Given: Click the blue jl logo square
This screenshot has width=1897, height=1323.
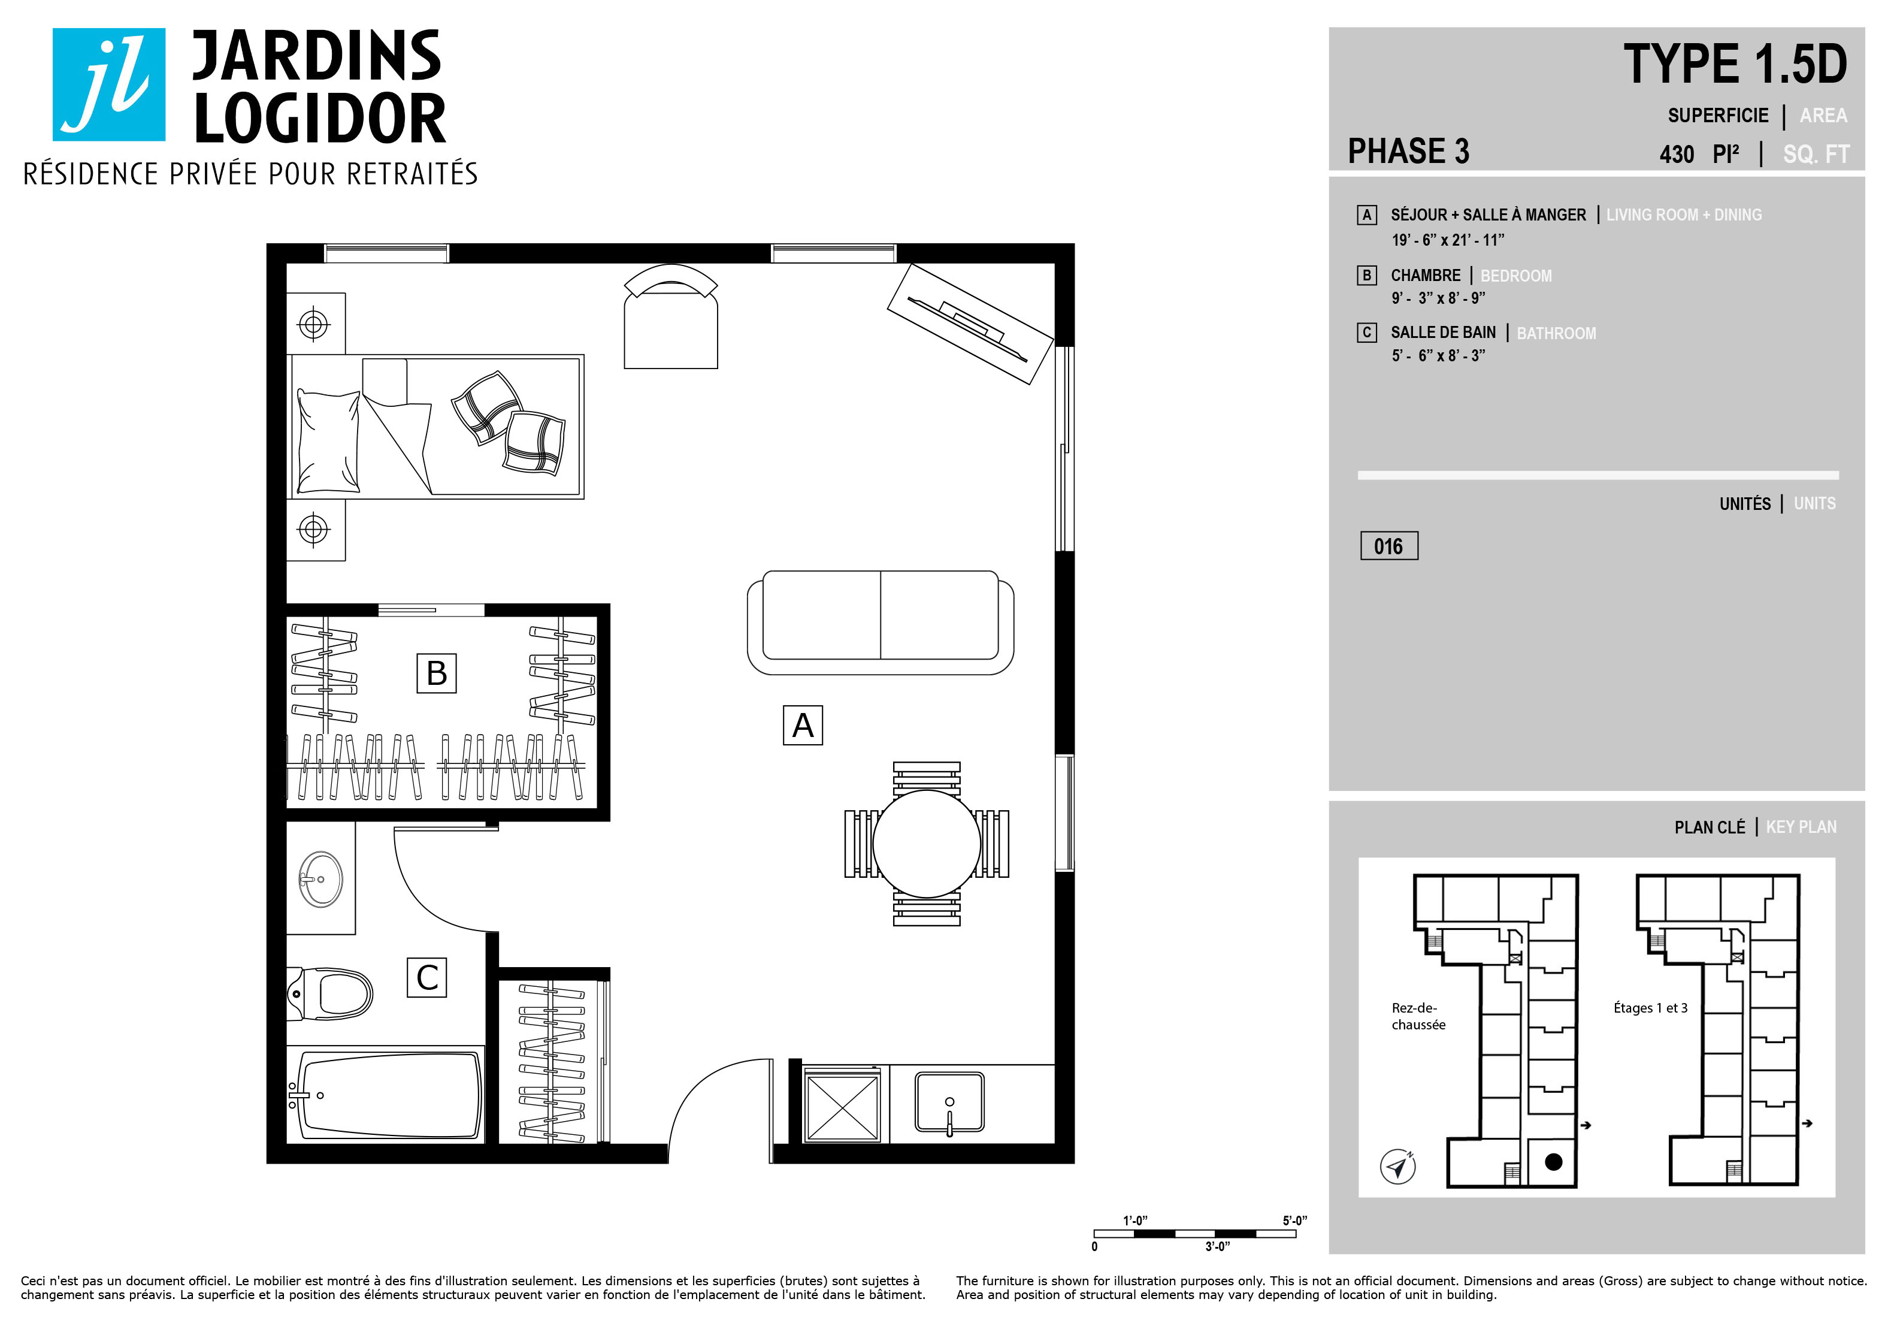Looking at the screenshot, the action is coord(109,84).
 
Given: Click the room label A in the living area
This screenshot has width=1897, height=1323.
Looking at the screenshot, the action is coord(802,725).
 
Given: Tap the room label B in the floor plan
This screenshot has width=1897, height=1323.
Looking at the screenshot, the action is coord(436,673).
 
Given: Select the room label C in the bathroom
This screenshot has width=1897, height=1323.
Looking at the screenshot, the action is coord(427,978).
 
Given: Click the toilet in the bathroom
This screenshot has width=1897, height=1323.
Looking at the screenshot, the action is coord(329,994).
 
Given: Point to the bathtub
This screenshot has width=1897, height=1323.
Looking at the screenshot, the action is coord(386,1094).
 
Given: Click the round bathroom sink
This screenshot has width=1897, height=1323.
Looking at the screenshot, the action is coord(320,878).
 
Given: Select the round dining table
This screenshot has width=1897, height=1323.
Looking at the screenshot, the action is coord(926,844).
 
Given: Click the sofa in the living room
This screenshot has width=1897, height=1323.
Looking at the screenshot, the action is coord(880,622).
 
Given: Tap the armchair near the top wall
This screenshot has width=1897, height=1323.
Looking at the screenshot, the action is coord(671,318).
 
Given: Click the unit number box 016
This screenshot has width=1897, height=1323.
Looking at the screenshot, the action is coord(1389,546).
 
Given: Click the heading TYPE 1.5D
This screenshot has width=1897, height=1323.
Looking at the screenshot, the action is coord(1735,65).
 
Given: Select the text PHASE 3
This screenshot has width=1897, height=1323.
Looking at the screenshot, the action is coord(1409,151).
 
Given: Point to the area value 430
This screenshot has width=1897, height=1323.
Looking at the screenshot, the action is coord(1677,155).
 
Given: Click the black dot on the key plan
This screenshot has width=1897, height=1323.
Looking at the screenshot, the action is coord(1553,1162).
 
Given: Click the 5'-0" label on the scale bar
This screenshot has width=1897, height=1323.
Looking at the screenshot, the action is coord(1294,1221).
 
